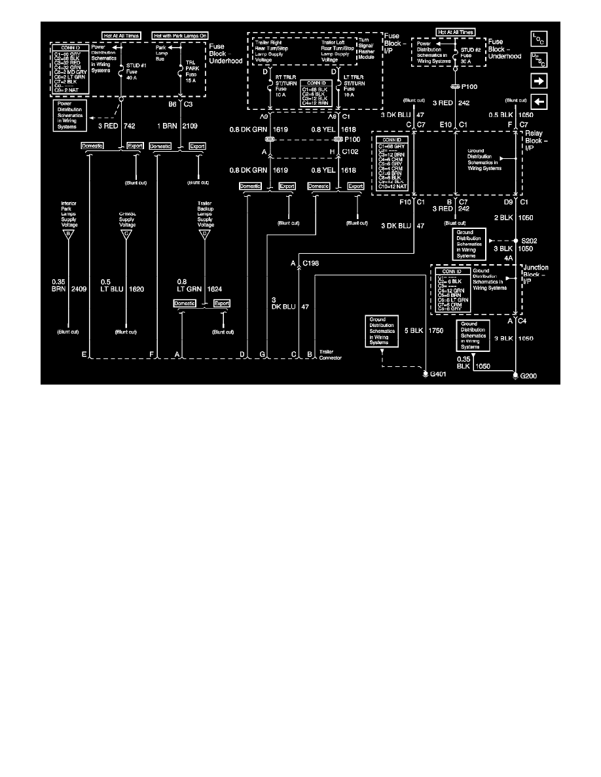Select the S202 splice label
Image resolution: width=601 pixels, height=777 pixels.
point(529,240)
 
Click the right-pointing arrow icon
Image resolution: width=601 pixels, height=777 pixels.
point(539,81)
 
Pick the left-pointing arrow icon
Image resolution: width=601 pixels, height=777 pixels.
point(539,103)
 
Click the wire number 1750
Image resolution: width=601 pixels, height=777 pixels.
point(436,332)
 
